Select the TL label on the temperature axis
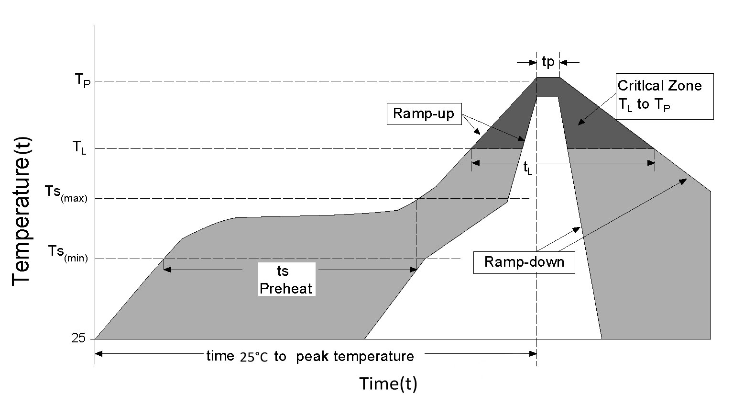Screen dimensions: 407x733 click(x=80, y=148)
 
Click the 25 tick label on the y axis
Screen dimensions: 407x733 click(x=79, y=339)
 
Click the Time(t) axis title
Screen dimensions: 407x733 click(x=388, y=384)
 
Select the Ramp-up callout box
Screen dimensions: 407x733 click(x=424, y=114)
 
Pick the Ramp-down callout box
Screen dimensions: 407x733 click(x=524, y=262)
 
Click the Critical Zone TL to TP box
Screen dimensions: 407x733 click(x=665, y=96)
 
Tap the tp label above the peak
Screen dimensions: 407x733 click(x=548, y=61)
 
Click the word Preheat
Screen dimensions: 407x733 click(x=286, y=288)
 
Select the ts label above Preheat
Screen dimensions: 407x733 click(x=283, y=271)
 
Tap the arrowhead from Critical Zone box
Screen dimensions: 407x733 click(x=580, y=124)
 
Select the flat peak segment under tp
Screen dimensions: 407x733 click(x=548, y=77)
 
